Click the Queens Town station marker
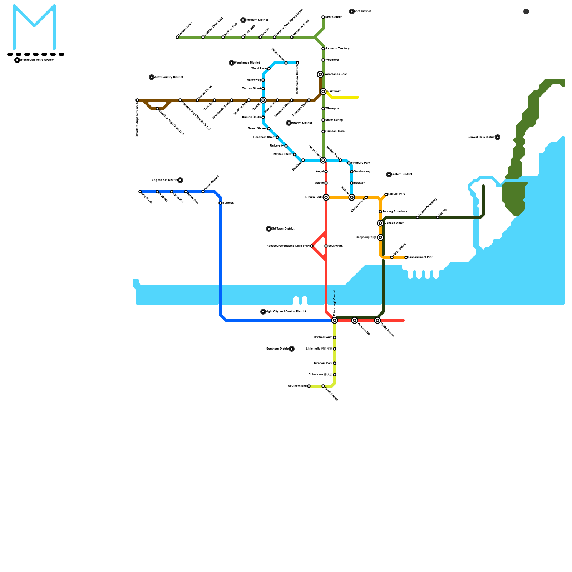pyautogui.click(x=177, y=37)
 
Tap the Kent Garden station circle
pyautogui.click(x=323, y=17)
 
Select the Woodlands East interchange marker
pyautogui.click(x=320, y=74)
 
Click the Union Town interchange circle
pyautogui.click(x=323, y=160)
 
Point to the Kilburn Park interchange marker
pyautogui.click(x=326, y=197)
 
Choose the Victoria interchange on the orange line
pyautogui.click(x=352, y=197)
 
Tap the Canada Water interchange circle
pyautogui.click(x=380, y=223)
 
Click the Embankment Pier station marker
pyautogui.click(x=406, y=257)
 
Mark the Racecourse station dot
pyautogui.click(x=312, y=246)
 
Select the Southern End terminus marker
pyautogui.click(x=309, y=386)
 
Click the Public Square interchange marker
pyautogui.click(x=378, y=320)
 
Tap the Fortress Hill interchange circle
pyautogui.click(x=355, y=320)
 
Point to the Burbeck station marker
pyautogui.click(x=220, y=203)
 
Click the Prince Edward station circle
pyautogui.click(x=203, y=192)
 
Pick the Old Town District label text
pyautogui.click(x=283, y=229)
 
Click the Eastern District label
pyautogui.click(x=402, y=174)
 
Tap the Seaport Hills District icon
pyautogui.click(x=498, y=137)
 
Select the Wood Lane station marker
pyautogui.click(x=269, y=69)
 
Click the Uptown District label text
pyautogui.click(x=302, y=123)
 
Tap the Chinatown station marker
pyautogui.click(x=335, y=375)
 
